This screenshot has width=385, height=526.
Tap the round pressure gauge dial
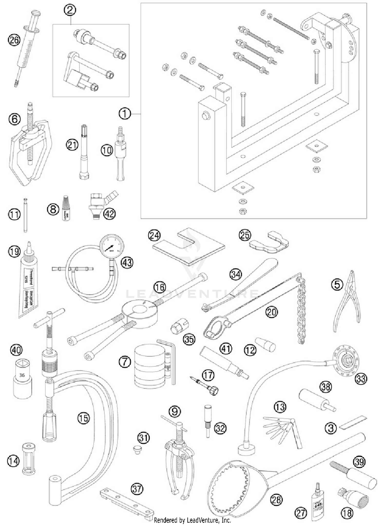coord(112,247)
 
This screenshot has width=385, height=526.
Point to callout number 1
coord(125,114)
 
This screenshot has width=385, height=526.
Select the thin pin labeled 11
coord(25,215)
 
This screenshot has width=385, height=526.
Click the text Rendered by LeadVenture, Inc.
coord(192,520)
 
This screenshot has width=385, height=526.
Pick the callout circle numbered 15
coord(83,418)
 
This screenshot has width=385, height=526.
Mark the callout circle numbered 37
coord(137,489)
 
